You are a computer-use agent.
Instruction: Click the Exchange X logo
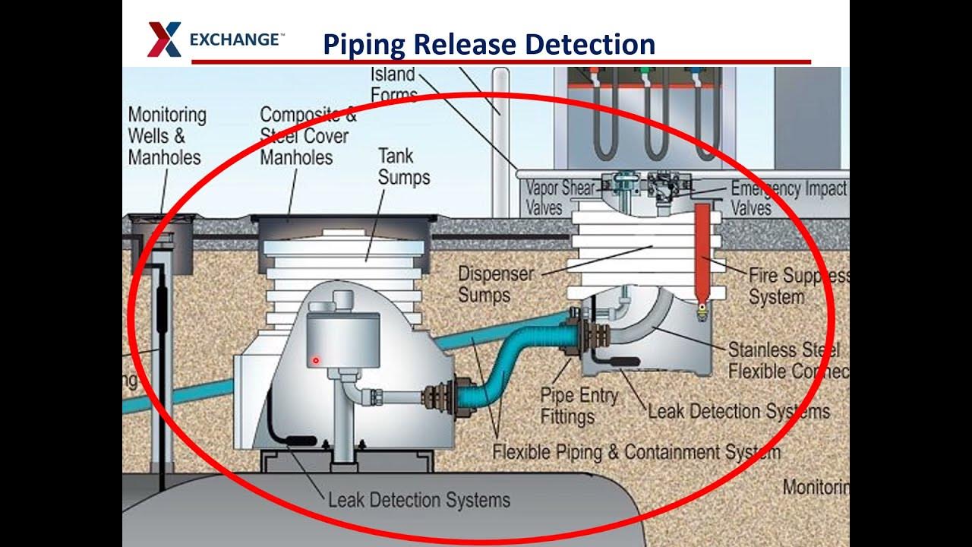(x=164, y=40)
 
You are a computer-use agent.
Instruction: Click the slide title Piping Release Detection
(x=488, y=44)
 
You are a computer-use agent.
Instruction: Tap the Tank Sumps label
(x=403, y=166)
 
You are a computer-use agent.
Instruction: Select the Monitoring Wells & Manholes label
(x=166, y=136)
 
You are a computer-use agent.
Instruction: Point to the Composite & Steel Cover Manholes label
(x=307, y=136)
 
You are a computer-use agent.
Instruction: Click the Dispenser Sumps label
(x=496, y=284)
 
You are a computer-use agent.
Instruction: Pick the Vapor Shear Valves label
(x=560, y=198)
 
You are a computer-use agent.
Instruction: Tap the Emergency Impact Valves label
(x=787, y=198)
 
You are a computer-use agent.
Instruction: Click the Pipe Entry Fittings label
(x=579, y=406)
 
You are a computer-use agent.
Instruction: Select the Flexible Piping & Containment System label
(x=636, y=452)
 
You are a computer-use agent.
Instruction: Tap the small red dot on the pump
(x=316, y=360)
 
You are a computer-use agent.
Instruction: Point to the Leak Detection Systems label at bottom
(x=418, y=500)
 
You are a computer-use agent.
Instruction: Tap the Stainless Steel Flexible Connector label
(x=787, y=361)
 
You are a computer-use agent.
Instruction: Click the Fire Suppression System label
(x=797, y=286)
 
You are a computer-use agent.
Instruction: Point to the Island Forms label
(x=393, y=84)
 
